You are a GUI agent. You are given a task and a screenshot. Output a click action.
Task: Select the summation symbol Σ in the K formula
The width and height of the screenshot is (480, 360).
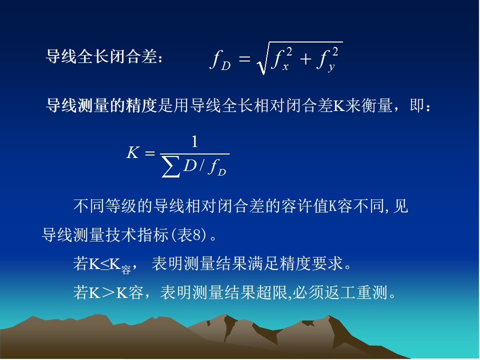(x=170, y=167)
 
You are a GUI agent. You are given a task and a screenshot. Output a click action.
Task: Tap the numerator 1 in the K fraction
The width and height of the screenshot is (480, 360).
(x=194, y=141)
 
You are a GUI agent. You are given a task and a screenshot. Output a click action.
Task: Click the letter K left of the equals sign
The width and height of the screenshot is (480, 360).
(x=133, y=152)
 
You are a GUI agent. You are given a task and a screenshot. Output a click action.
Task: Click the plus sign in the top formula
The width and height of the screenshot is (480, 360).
(x=305, y=59)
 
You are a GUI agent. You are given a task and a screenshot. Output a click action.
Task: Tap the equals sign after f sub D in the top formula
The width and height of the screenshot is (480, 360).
(x=244, y=58)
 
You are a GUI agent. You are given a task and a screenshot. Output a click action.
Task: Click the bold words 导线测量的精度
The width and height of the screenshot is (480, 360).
(x=101, y=105)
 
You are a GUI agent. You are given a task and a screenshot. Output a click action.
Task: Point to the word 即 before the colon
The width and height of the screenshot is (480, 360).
(x=417, y=105)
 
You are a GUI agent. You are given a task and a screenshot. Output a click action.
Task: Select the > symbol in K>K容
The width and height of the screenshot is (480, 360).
(x=108, y=292)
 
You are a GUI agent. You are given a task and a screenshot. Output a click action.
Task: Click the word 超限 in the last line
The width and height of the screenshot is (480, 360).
(x=272, y=292)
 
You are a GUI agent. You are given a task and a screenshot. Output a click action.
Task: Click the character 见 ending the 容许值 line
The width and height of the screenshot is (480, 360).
(x=400, y=206)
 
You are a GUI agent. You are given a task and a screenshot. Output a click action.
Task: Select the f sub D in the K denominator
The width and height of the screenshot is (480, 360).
(x=216, y=167)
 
